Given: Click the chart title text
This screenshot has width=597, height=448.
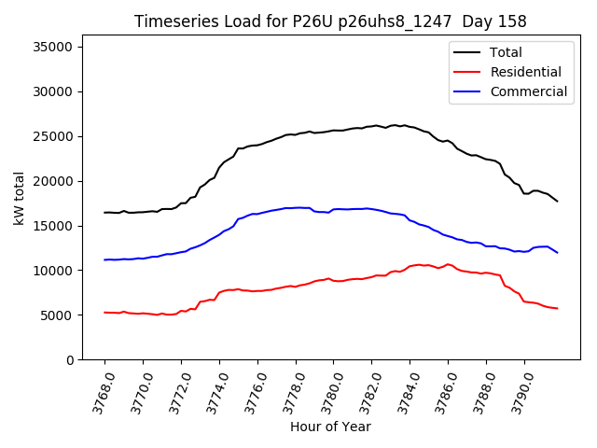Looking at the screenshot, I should point(330,21).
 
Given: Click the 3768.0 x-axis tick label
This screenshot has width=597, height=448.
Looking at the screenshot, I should point(96,393).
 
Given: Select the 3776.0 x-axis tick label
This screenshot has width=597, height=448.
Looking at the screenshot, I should point(249,393).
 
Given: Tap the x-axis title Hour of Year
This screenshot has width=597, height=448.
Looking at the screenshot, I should point(330,427).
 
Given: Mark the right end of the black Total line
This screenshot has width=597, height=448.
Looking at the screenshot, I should point(558,201).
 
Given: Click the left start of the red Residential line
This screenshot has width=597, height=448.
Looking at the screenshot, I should point(104,312).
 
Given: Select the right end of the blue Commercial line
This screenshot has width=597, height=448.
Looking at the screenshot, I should point(558,252).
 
